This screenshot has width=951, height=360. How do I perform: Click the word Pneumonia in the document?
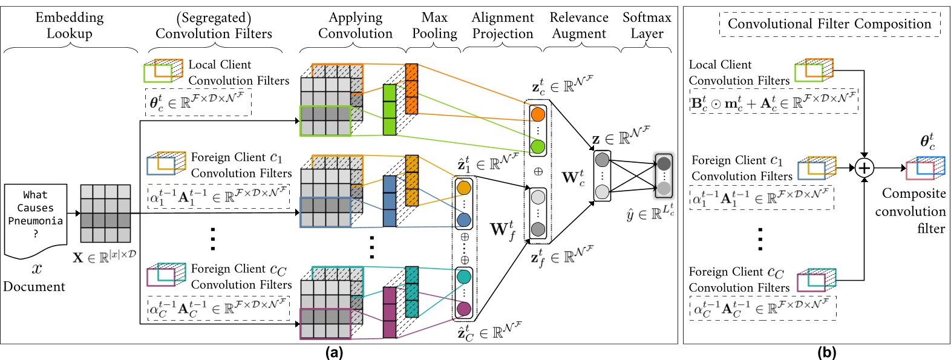[35, 221]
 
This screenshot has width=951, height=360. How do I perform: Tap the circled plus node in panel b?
[864, 168]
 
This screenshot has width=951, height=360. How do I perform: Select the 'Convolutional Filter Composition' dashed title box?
[829, 24]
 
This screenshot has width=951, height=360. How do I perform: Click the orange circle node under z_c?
[538, 114]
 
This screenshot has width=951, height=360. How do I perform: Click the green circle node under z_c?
[538, 146]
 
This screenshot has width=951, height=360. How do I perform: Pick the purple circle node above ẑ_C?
[464, 309]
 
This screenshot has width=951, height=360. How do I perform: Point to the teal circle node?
[464, 277]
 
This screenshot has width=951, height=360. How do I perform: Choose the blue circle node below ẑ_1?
[464, 220]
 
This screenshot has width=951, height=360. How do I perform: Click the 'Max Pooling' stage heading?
[434, 25]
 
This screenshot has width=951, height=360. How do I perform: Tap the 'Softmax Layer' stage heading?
[647, 25]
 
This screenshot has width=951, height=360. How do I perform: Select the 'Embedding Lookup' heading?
[70, 25]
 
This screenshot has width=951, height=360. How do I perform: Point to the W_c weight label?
[573, 178]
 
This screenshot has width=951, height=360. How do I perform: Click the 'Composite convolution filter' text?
[910, 211]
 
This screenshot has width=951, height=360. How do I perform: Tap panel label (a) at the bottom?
[334, 353]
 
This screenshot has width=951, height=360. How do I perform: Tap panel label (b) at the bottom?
[826, 353]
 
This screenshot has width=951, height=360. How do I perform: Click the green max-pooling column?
[390, 110]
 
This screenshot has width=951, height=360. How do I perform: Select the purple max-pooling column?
[390, 312]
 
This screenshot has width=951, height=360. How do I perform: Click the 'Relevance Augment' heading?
[579, 25]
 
